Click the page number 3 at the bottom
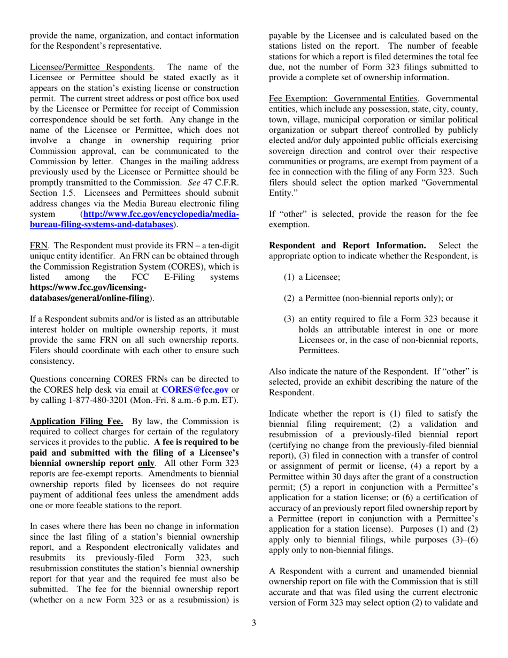click(x=254, y=622)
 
